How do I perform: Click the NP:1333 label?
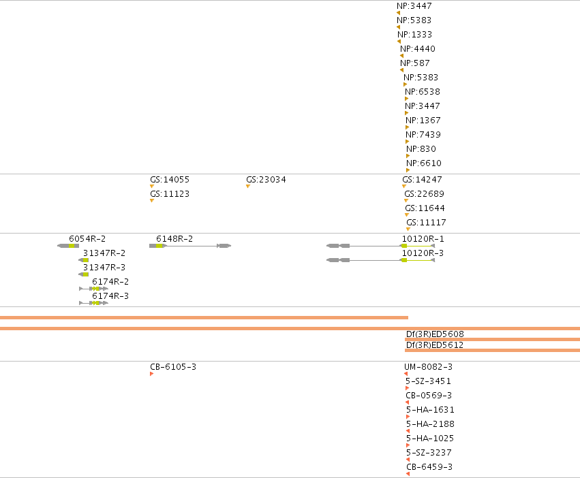point(414,34)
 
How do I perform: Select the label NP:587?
point(414,63)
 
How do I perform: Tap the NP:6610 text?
point(423,163)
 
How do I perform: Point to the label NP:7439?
point(423,135)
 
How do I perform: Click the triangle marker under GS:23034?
point(248,187)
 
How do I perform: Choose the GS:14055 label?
point(170,180)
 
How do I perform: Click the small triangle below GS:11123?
point(152,201)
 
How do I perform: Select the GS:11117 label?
point(426,223)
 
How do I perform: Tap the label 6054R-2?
point(87,239)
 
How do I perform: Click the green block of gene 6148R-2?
point(159,246)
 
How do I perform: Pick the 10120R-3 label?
point(423,253)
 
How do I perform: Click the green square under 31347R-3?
point(85,274)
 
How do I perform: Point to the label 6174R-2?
point(110,282)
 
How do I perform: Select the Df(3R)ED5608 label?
point(435,334)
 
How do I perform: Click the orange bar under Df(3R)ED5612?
point(492,350)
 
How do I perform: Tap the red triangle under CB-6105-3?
point(152,374)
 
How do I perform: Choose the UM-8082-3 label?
point(428,367)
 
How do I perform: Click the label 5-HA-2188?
point(430,424)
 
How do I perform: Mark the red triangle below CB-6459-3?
point(408,474)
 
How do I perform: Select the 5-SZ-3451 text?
point(428,381)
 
